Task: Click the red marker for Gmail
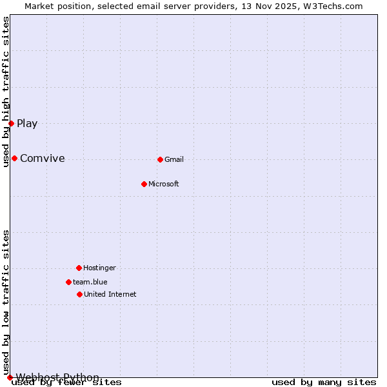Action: coord(160,159)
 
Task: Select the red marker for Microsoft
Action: coord(144,184)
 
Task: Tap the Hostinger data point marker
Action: coord(79,268)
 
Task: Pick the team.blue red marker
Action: coord(68,282)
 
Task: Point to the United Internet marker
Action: coord(79,294)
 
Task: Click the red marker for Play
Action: coord(11,123)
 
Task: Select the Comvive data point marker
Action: coord(14,158)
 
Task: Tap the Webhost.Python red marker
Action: coord(10,377)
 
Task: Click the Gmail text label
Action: coord(174,160)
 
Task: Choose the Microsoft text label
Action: coord(164,184)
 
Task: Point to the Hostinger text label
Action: coord(99,268)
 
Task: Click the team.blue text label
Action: coord(90,283)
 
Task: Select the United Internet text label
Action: coord(110,295)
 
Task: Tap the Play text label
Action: coord(27,124)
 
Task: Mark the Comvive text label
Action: coord(43,159)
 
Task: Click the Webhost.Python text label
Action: coord(57,377)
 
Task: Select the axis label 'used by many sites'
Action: coord(324,382)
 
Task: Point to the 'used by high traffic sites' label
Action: coord(6,92)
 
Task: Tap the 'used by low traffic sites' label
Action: coord(6,302)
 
